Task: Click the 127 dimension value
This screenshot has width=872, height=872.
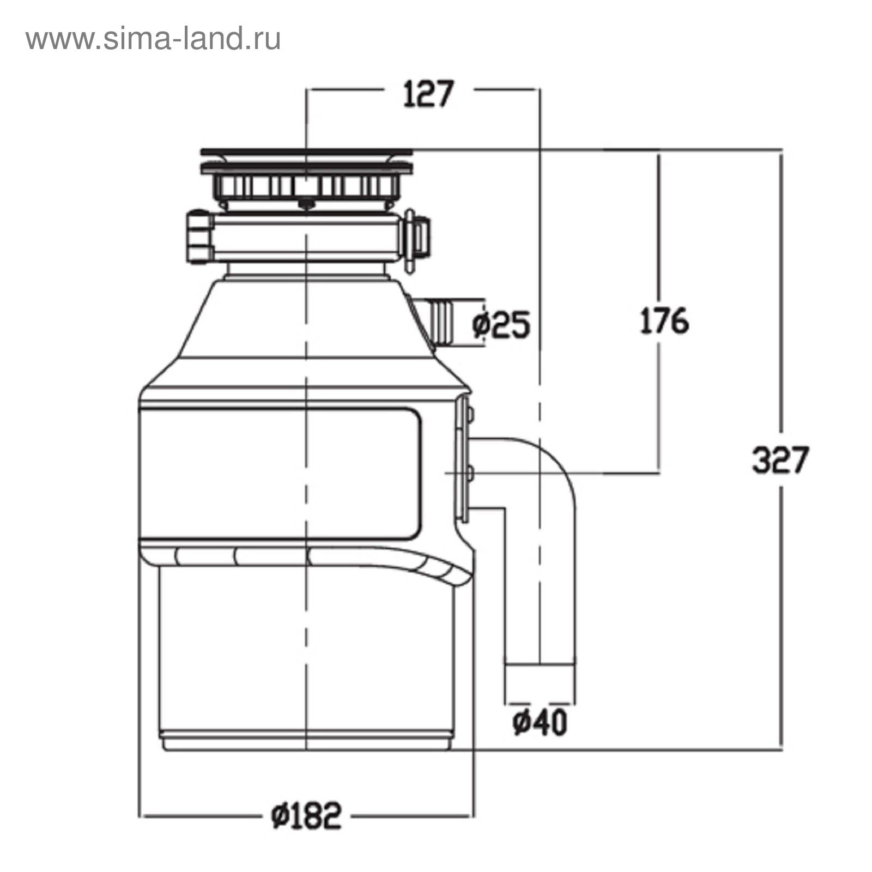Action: coord(428,94)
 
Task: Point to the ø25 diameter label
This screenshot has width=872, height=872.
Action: coord(501,325)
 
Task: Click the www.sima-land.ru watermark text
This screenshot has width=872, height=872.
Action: coord(153,39)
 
